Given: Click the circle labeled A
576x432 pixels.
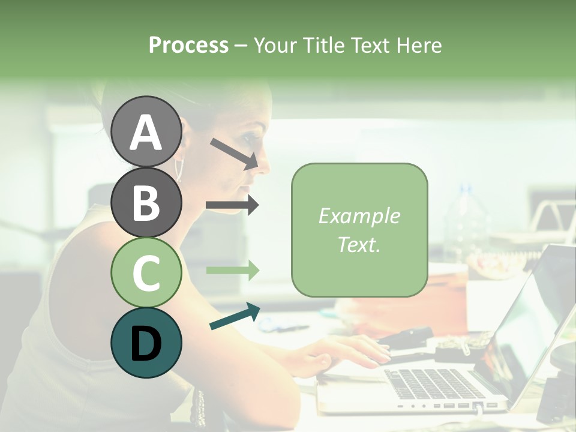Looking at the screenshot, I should point(146,132).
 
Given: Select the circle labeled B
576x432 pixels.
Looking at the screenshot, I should point(146,202).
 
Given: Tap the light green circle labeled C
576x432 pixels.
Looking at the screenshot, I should point(146,272).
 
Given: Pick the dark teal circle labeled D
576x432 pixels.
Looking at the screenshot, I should point(146,343).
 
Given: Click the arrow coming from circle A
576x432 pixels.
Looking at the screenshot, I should point(234,153).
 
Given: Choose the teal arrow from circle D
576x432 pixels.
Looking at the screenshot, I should point(234,317).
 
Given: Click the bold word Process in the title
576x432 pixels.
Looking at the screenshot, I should point(188,45).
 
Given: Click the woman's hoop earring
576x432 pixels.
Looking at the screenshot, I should point(178,169).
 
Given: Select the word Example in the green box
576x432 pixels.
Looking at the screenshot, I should point(359,216).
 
